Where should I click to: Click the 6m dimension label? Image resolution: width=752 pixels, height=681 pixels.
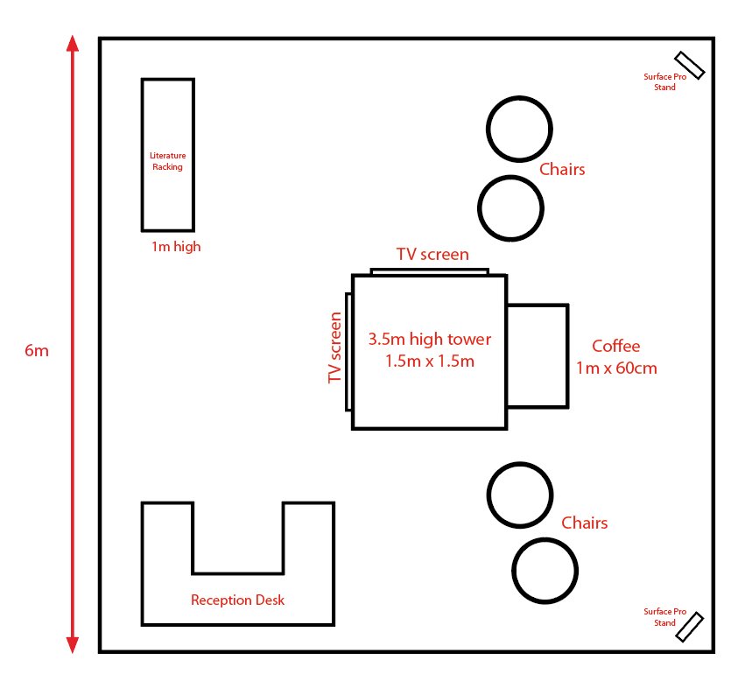click(37, 351)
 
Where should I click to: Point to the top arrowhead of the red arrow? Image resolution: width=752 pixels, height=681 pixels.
click(73, 43)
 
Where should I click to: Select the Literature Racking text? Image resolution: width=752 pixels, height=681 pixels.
click(167, 161)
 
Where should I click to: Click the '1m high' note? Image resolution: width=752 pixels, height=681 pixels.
click(176, 247)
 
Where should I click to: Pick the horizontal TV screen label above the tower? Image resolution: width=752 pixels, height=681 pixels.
click(432, 254)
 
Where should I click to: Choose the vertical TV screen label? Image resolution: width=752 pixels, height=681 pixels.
click(334, 348)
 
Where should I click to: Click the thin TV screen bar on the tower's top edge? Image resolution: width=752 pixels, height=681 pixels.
click(430, 272)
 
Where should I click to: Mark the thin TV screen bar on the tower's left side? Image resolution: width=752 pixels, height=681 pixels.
click(348, 352)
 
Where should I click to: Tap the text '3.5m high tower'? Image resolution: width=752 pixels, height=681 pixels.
click(430, 339)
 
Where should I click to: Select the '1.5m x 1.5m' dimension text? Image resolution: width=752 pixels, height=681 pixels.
click(430, 361)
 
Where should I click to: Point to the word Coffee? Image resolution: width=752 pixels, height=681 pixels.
click(615, 346)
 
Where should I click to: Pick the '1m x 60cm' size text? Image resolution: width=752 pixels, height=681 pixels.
click(616, 368)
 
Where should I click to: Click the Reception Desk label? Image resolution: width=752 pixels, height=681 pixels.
click(237, 600)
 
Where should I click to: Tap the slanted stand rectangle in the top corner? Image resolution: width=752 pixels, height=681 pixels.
click(690, 66)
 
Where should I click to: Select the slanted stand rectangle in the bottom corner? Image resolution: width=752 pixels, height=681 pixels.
click(690, 627)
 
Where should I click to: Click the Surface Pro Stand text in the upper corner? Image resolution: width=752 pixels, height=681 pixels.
click(664, 82)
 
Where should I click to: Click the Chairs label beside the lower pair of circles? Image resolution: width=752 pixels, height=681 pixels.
click(584, 523)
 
